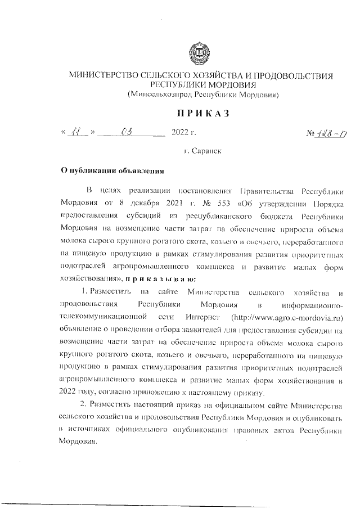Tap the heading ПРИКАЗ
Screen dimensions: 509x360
coord(202,114)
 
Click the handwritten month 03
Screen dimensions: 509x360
coord(126,133)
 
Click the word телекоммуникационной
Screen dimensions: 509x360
coord(103,317)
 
